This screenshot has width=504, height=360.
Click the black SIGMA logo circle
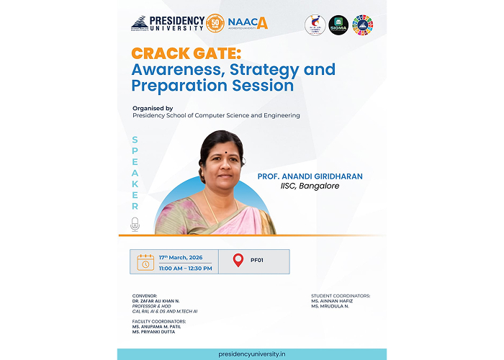coord(338,24)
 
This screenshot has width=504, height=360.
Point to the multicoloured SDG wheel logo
coord(362,24)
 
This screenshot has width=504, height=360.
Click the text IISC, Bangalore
coord(310,186)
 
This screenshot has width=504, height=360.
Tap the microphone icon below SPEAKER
coord(135,225)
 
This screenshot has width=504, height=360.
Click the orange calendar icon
coord(145,261)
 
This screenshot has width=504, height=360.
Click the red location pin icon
coord(238,261)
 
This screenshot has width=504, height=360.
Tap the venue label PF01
coord(257,261)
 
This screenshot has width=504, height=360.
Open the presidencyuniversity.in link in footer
coord(252,354)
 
